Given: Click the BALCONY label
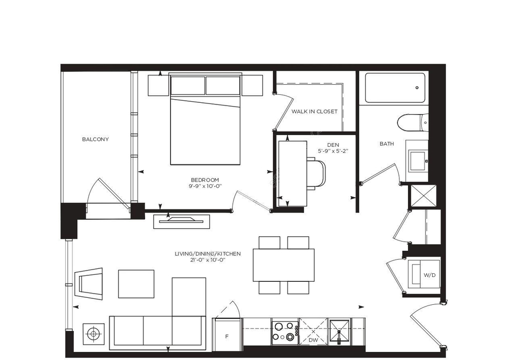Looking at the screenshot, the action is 95,139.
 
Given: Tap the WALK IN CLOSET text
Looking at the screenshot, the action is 314,111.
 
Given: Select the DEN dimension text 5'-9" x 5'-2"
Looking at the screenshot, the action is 332,151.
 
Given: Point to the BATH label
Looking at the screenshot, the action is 387,144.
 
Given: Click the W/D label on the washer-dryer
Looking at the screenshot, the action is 429,275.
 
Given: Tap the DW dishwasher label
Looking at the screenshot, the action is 313,340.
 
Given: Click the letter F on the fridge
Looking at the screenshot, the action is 227,337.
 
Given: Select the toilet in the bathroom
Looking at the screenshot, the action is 413,123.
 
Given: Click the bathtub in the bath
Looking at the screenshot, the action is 395,87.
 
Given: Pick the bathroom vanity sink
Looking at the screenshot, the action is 418,160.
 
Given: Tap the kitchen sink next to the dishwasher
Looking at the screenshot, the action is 340,332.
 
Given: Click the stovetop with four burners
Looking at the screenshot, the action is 284,332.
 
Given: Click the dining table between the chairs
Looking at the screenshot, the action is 284,265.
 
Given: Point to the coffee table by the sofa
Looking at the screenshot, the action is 136,284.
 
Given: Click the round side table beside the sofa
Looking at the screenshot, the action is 94,334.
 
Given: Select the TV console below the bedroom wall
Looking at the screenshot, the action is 182,222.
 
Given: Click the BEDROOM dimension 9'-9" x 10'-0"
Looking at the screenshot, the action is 205,186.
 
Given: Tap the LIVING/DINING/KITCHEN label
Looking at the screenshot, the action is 208,254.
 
